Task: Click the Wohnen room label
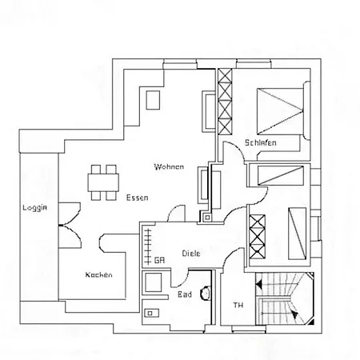click(169, 166)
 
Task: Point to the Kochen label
click(99, 274)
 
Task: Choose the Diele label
click(190, 253)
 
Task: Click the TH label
click(237, 305)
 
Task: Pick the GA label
click(159, 260)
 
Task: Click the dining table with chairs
click(104, 182)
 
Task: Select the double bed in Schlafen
click(281, 110)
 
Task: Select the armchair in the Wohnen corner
click(152, 101)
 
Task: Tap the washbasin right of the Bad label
click(208, 294)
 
